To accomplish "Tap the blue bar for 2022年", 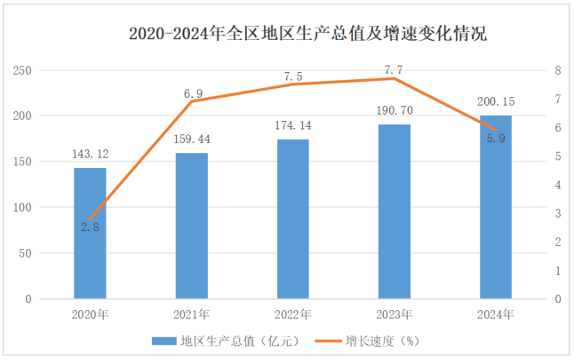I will (x=292, y=219).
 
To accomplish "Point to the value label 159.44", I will (x=191, y=140).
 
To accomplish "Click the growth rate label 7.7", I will (x=395, y=68).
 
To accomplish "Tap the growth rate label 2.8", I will (x=90, y=228).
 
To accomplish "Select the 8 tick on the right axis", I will (x=556, y=70).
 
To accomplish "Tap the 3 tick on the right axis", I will (x=556, y=213).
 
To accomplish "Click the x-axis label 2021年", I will (x=191, y=315).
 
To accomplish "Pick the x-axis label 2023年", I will (x=395, y=315).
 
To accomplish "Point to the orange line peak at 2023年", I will (x=395, y=79).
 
